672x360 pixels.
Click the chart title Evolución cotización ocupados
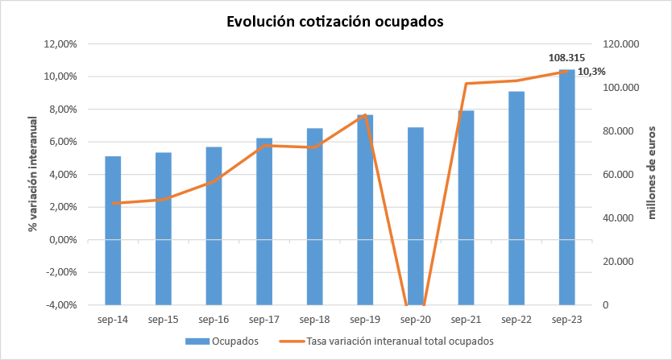pos(334,23)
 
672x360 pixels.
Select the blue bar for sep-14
pos(113,230)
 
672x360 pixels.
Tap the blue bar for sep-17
pos(264,221)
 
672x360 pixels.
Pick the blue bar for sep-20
pos(416,217)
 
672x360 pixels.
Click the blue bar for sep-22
pos(516,198)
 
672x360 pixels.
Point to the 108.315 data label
pos(566,58)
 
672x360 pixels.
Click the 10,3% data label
pos(591,72)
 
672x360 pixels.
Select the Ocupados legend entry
pos(222,341)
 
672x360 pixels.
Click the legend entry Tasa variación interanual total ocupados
pos(386,341)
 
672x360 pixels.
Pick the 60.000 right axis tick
pos(616,175)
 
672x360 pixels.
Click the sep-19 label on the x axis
pos(365,320)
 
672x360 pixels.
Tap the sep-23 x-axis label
pos(567,320)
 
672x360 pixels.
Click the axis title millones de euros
pos(653,172)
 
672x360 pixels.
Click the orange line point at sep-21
pos(467,83)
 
